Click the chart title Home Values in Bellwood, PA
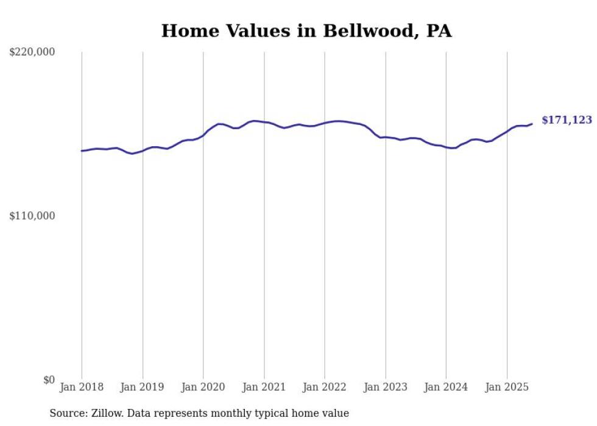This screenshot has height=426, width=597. pyautogui.click(x=306, y=31)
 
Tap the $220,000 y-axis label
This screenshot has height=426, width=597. pyautogui.click(x=32, y=52)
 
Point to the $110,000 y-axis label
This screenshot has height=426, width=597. pyautogui.click(x=32, y=216)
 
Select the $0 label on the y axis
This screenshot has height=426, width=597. pyautogui.click(x=49, y=380)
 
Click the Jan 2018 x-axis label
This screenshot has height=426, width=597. pyautogui.click(x=82, y=387)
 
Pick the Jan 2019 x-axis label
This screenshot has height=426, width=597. pyautogui.click(x=143, y=387)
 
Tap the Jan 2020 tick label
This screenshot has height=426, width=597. pyautogui.click(x=203, y=387)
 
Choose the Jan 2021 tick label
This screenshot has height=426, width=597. pyautogui.click(x=264, y=387)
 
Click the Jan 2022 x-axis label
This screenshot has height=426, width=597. pyautogui.click(x=325, y=387)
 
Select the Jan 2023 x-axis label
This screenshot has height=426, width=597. pyautogui.click(x=386, y=387)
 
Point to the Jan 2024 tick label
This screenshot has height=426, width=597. pyautogui.click(x=447, y=387)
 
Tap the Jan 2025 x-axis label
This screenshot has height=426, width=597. pyautogui.click(x=507, y=387)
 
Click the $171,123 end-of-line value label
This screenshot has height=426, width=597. pyautogui.click(x=567, y=120)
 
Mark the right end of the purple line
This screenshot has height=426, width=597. pyautogui.click(x=532, y=124)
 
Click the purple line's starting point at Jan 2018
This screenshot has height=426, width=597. pyautogui.click(x=82, y=151)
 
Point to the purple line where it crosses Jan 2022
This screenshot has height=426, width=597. pyautogui.click(x=325, y=123)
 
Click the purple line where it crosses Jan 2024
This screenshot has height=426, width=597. pyautogui.click(x=447, y=147)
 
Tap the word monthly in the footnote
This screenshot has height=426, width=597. pyautogui.click(x=247, y=413)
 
